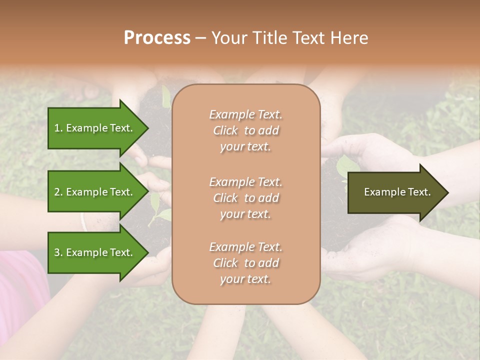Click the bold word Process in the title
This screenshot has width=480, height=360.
[x=157, y=38]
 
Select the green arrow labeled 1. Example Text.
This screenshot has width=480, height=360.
[x=95, y=128]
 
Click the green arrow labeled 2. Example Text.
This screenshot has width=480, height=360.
[x=95, y=192]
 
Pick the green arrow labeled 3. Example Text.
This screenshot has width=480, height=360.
[x=95, y=252]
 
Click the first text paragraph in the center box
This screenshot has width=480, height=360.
[x=245, y=130]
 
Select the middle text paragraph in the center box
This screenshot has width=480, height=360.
[x=245, y=198]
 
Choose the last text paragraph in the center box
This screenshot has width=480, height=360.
[x=245, y=263]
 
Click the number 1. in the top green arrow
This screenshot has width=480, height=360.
[x=58, y=128]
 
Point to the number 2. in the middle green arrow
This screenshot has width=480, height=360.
[x=58, y=192]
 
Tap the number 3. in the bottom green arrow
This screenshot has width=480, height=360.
[x=58, y=252]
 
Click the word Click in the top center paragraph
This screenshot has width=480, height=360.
[x=225, y=130]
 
